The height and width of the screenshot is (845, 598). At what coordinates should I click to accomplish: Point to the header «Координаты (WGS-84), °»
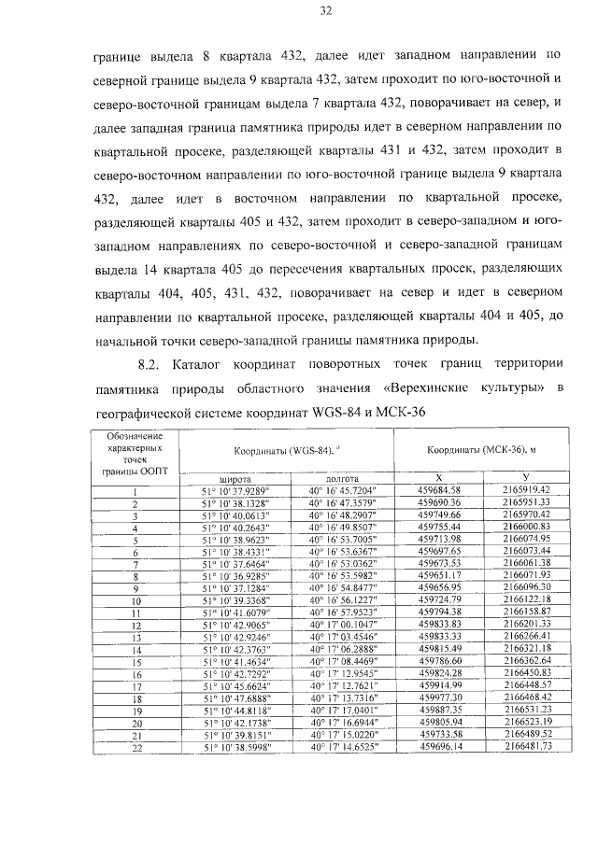[292, 450]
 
